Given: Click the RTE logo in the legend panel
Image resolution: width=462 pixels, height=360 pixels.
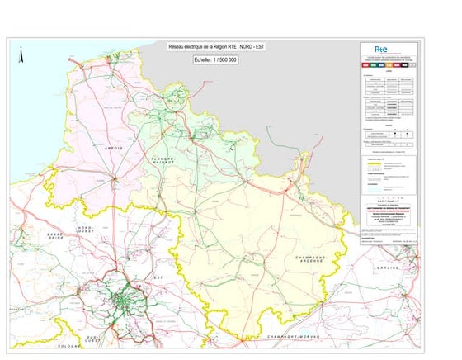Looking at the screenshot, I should (382, 50).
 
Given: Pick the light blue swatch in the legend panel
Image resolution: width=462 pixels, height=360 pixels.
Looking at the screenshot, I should (368, 177).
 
